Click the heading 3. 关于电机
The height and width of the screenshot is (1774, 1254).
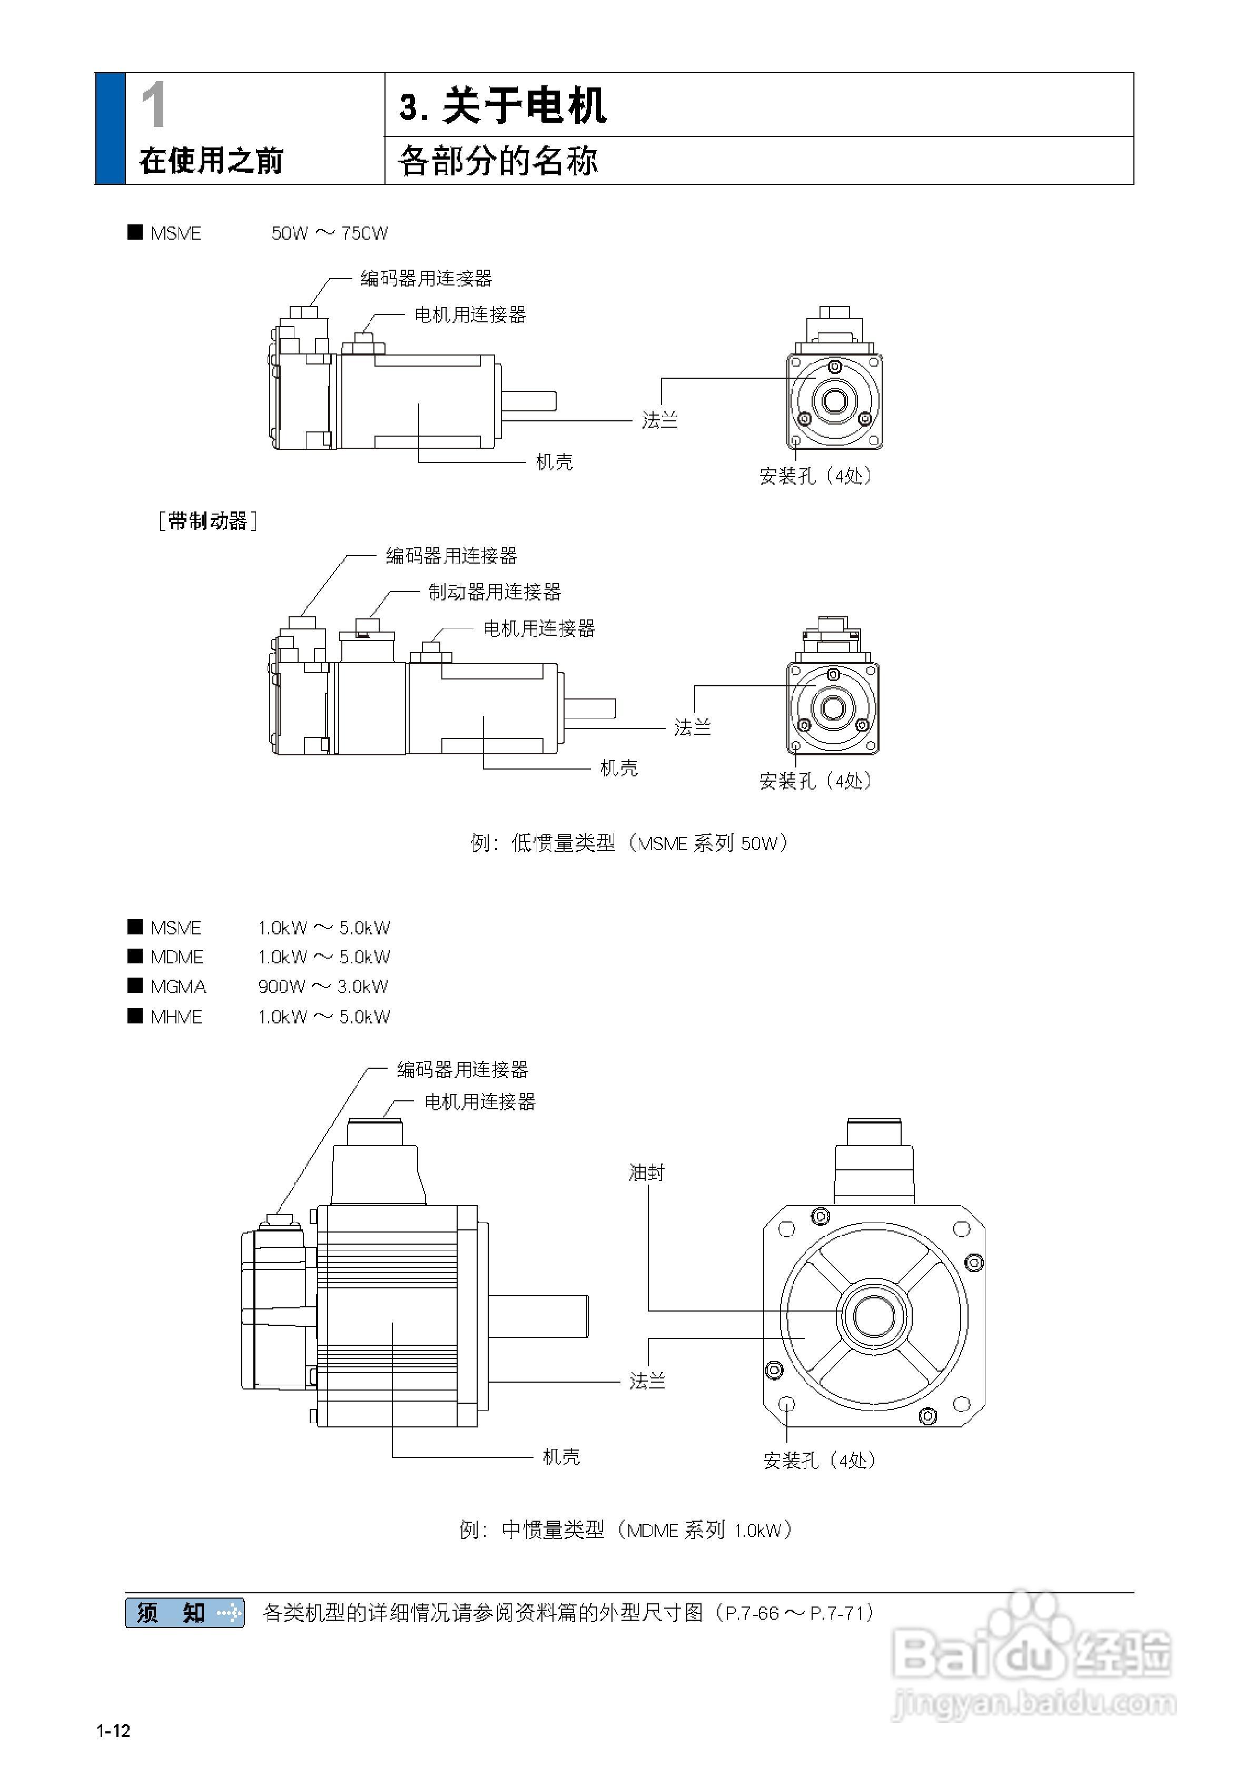click(502, 106)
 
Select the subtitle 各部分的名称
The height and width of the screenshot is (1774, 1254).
click(498, 161)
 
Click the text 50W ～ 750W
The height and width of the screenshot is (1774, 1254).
click(329, 233)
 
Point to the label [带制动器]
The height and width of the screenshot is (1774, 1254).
click(207, 521)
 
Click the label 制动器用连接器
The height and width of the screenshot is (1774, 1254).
click(495, 592)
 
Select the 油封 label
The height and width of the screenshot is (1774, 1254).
click(646, 1172)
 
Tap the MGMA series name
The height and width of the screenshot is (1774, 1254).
click(179, 987)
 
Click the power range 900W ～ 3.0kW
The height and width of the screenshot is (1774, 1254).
click(323, 987)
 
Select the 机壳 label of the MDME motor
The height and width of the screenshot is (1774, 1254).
click(561, 1456)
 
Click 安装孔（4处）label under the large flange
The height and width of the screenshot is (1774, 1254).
click(819, 1460)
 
